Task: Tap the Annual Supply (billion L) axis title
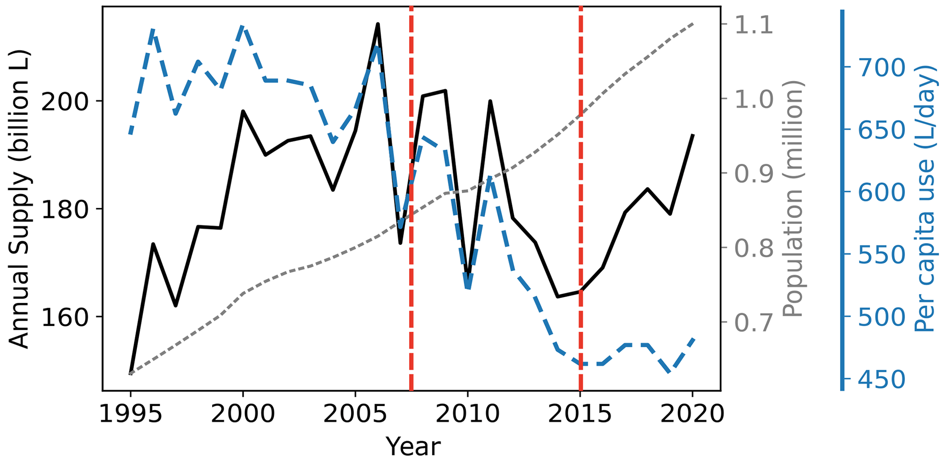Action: point(19,199)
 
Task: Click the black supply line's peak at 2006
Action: point(378,24)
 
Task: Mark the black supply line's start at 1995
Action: point(131,374)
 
